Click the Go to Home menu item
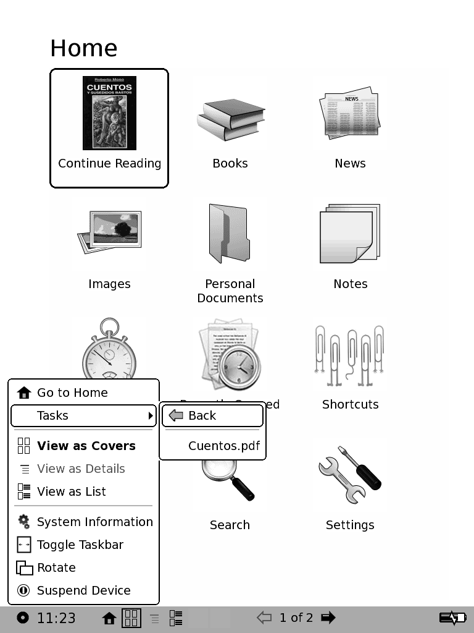72,393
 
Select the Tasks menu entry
53,415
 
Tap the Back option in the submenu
202,415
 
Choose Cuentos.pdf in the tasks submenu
224,446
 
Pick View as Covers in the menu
86,446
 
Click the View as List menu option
71,491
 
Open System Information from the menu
94,522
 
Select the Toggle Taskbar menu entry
80,545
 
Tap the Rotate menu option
56,567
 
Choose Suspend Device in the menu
83,590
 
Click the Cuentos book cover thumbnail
109,113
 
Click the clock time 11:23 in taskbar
56,618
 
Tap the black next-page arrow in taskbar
328,617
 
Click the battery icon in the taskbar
452,618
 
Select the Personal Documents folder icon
230,234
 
